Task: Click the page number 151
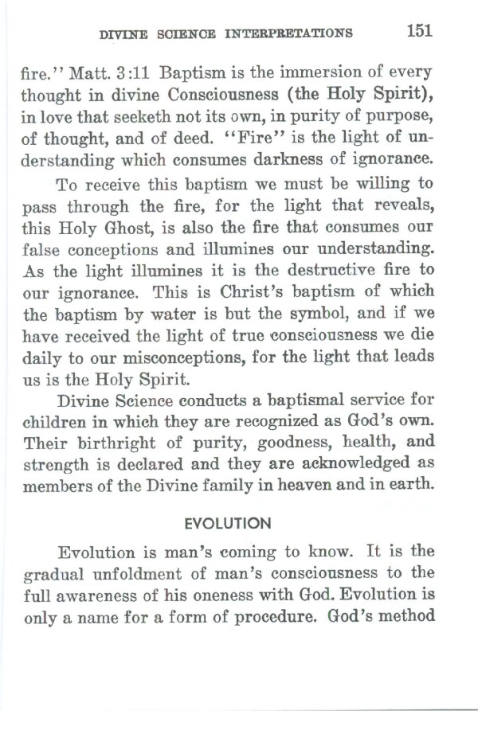418,31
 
